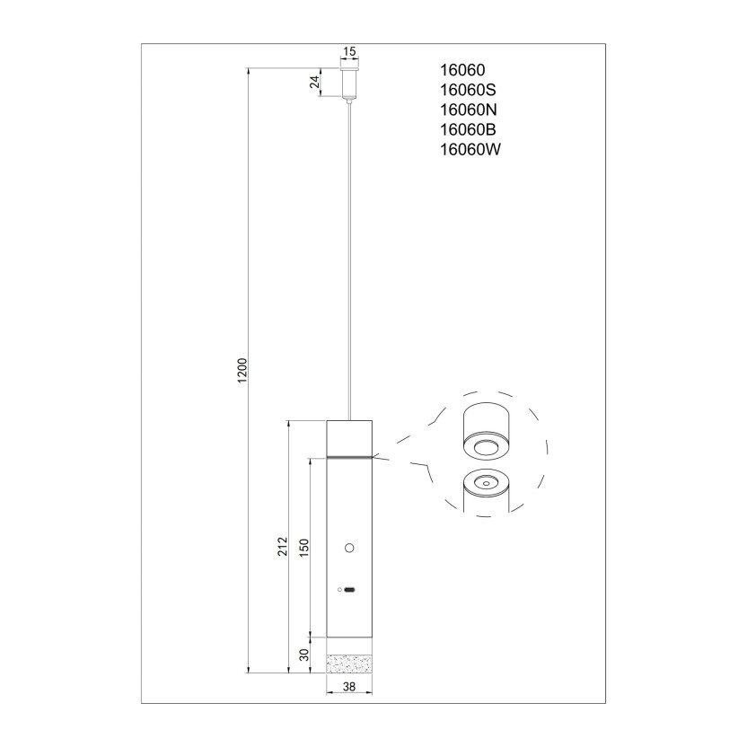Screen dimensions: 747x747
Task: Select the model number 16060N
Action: pos(468,110)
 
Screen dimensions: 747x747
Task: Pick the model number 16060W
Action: pos(470,150)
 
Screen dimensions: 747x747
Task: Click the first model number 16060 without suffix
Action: pos(462,70)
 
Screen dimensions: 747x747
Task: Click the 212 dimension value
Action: pos(283,546)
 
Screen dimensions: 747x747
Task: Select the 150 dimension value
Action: pos(304,548)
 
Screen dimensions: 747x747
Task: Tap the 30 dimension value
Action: pos(304,655)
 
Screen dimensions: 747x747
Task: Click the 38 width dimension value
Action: pos(349,687)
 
